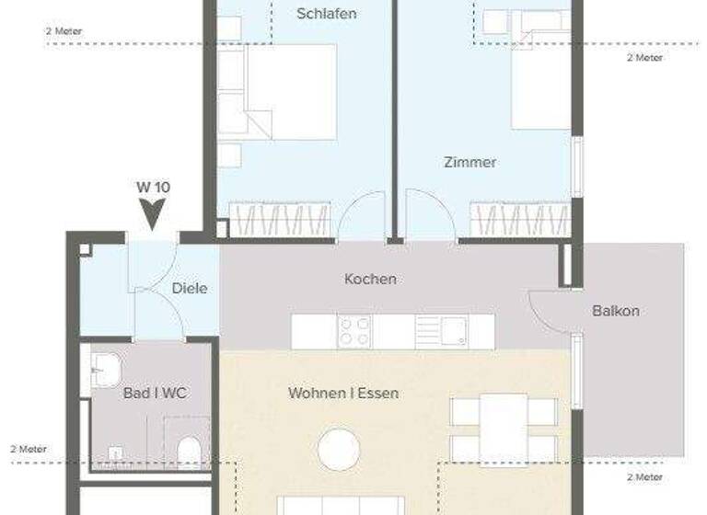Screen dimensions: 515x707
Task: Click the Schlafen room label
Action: click(327, 14)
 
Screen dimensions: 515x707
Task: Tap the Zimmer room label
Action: click(469, 162)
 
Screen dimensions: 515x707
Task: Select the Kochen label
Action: click(370, 279)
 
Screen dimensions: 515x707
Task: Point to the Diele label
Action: click(190, 288)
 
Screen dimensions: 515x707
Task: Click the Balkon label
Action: click(615, 311)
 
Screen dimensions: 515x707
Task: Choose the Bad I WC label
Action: click(155, 393)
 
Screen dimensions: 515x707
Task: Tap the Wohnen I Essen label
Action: click(343, 393)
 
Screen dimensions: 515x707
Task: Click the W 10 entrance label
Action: click(153, 187)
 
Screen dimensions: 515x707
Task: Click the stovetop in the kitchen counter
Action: click(353, 331)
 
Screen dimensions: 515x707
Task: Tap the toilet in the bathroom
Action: click(189, 452)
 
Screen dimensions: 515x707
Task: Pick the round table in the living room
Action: click(339, 450)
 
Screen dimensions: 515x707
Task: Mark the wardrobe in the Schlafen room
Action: click(279, 221)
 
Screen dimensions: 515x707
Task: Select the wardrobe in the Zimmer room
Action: click(519, 221)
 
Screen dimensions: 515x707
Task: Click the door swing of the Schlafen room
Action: click(362, 218)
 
